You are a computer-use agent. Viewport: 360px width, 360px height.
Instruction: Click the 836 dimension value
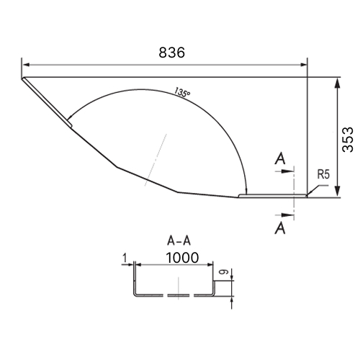coord(172,53)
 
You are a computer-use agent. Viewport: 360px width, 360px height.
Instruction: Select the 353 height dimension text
coord(348,140)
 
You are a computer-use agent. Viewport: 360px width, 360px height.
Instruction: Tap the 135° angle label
coord(182,92)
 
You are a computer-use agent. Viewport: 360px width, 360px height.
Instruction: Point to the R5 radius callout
coord(323,174)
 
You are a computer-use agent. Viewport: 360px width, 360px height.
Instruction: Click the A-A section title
coord(179,240)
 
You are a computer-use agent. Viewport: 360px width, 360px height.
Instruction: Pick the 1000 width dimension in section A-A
coord(182,258)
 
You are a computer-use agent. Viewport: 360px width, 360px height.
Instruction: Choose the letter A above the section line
coord(280,158)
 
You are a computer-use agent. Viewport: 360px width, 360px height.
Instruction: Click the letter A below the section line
coord(280,228)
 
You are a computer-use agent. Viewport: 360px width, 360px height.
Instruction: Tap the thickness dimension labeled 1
coord(125,258)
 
